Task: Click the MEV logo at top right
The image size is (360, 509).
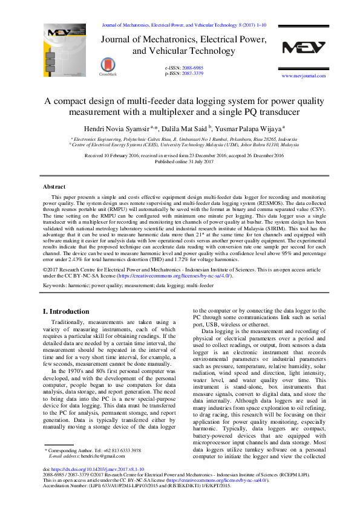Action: (304, 48)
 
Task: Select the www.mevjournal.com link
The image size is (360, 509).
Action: (304, 76)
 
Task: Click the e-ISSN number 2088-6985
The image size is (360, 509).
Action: (193, 68)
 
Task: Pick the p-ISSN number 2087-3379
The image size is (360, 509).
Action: (193, 73)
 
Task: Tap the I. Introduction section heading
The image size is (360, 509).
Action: (66, 311)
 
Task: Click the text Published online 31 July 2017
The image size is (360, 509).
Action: (184, 161)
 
